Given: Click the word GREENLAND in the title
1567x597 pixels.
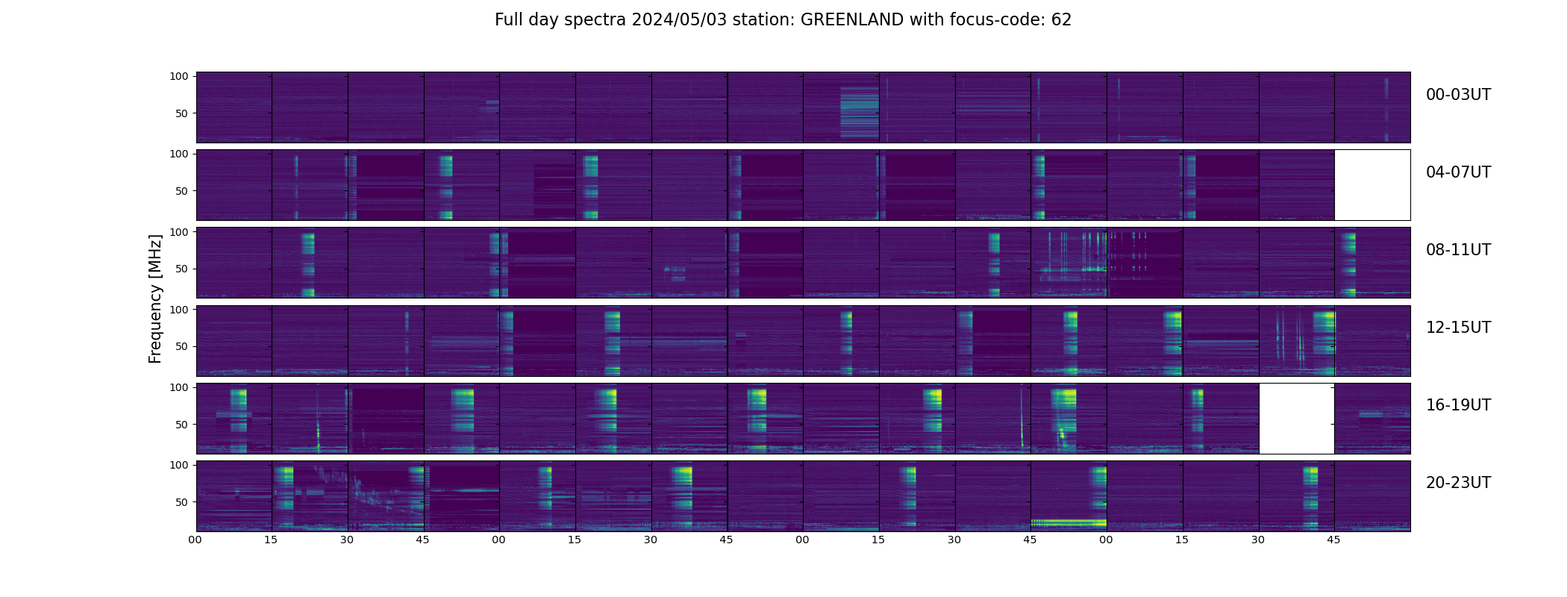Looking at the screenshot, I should click(851, 20).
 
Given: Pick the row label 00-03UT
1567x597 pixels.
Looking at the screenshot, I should click(1458, 95).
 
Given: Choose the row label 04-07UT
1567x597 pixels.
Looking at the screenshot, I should click(1458, 172).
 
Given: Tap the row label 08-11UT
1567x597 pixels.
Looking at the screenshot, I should click(1458, 250).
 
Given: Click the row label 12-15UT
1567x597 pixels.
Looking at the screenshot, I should click(1458, 328).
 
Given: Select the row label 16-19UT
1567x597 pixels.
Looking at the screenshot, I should click(1458, 405).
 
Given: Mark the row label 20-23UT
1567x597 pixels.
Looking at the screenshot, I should click(1458, 483).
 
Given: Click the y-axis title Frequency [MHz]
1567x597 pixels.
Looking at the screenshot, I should click(155, 298).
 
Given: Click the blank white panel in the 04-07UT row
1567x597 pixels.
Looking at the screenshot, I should click(1372, 185).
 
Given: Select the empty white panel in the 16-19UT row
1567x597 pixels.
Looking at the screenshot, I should click(1296, 419).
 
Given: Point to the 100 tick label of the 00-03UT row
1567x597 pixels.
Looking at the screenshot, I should click(179, 76).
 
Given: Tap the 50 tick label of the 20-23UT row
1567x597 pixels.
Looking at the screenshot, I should click(182, 502).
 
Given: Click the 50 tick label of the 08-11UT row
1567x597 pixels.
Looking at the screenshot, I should click(182, 269).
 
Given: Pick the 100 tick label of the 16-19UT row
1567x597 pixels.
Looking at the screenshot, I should click(179, 387).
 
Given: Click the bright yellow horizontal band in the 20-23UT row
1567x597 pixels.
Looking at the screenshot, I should click(1068, 522).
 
